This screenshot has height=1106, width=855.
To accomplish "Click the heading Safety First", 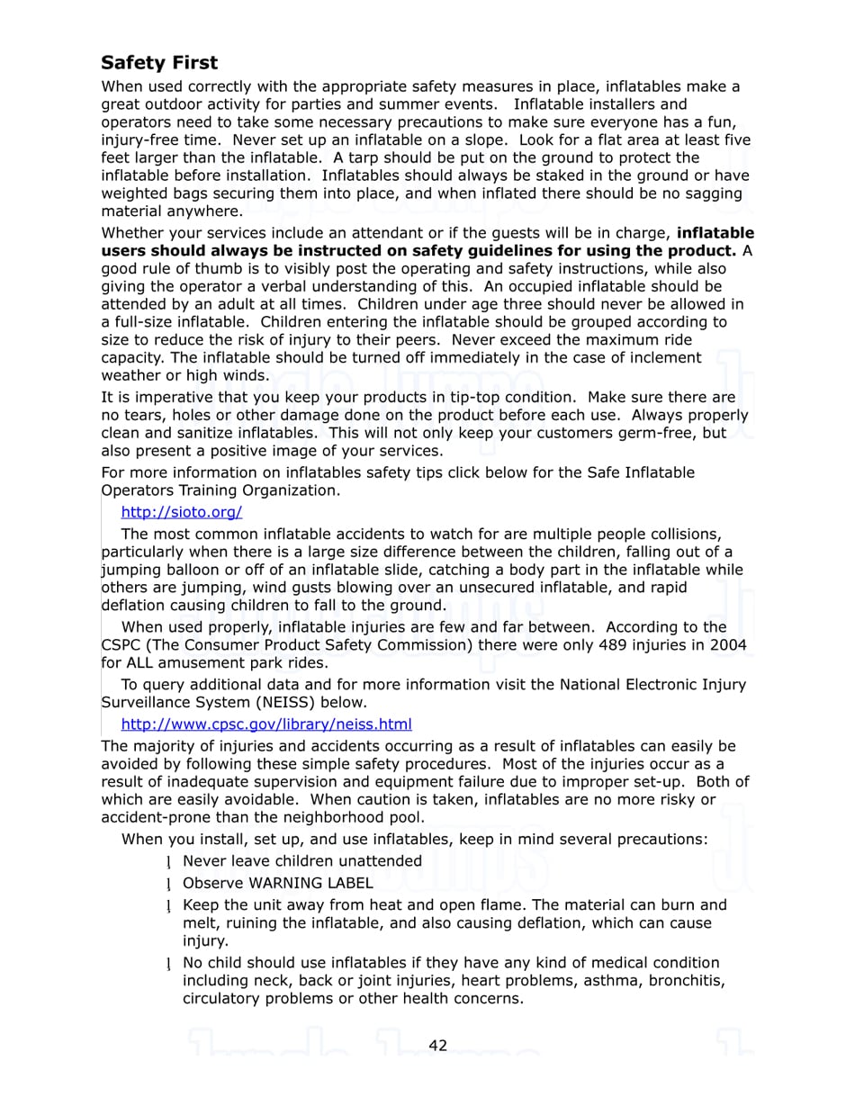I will pos(159,63).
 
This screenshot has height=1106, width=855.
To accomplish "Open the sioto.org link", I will pos(181,512).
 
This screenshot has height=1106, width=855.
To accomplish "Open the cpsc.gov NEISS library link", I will pos(265,724).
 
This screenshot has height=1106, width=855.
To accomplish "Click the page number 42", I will pos(437,1045).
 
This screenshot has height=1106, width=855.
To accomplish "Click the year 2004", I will pos(727,644).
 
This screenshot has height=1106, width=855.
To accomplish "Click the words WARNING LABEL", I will pos(310,883).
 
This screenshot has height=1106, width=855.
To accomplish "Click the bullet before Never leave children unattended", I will pos(168,861).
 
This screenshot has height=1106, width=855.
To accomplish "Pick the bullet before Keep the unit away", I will pos(168,905).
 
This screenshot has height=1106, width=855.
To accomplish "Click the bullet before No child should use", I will pos(168,963).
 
